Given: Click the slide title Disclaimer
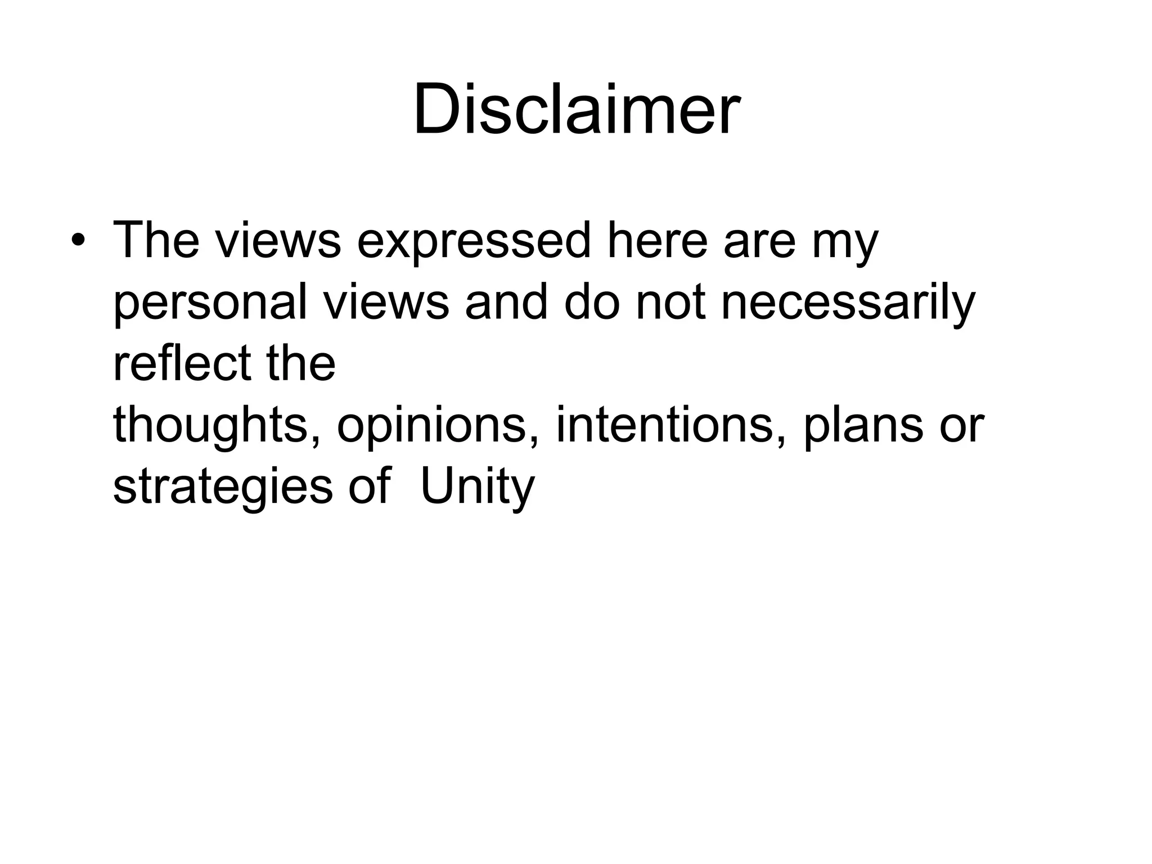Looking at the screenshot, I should [x=576, y=109].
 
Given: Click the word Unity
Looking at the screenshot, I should [x=477, y=487].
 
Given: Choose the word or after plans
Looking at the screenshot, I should [x=962, y=425].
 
